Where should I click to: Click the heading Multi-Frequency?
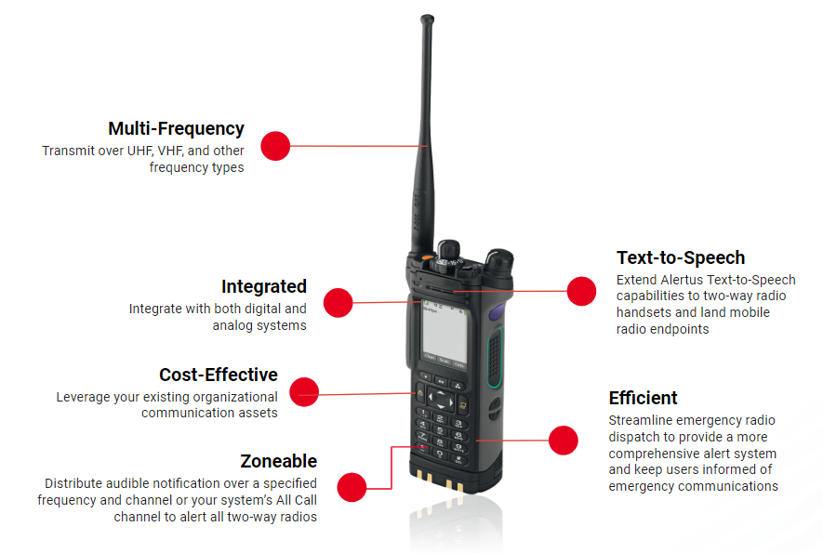pos(176,128)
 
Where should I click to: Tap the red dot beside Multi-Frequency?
pos(275,146)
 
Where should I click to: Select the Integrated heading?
pos(263,286)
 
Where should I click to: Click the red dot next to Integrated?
pos(338,303)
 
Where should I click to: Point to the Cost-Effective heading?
pos(219,375)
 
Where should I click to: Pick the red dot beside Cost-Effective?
pos(304,392)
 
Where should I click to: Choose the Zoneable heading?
pos(279,461)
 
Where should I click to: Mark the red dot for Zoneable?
pos(352,487)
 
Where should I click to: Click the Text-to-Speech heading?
pos(681,257)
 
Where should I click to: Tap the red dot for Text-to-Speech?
pos(581,291)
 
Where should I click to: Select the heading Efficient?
pos(643,398)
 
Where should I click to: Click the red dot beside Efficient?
pos(564,441)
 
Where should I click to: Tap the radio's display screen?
pos(444,332)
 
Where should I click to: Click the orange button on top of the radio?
pos(428,257)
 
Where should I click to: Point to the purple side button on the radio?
pos(496,312)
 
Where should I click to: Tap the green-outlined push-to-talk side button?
pos(495,357)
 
